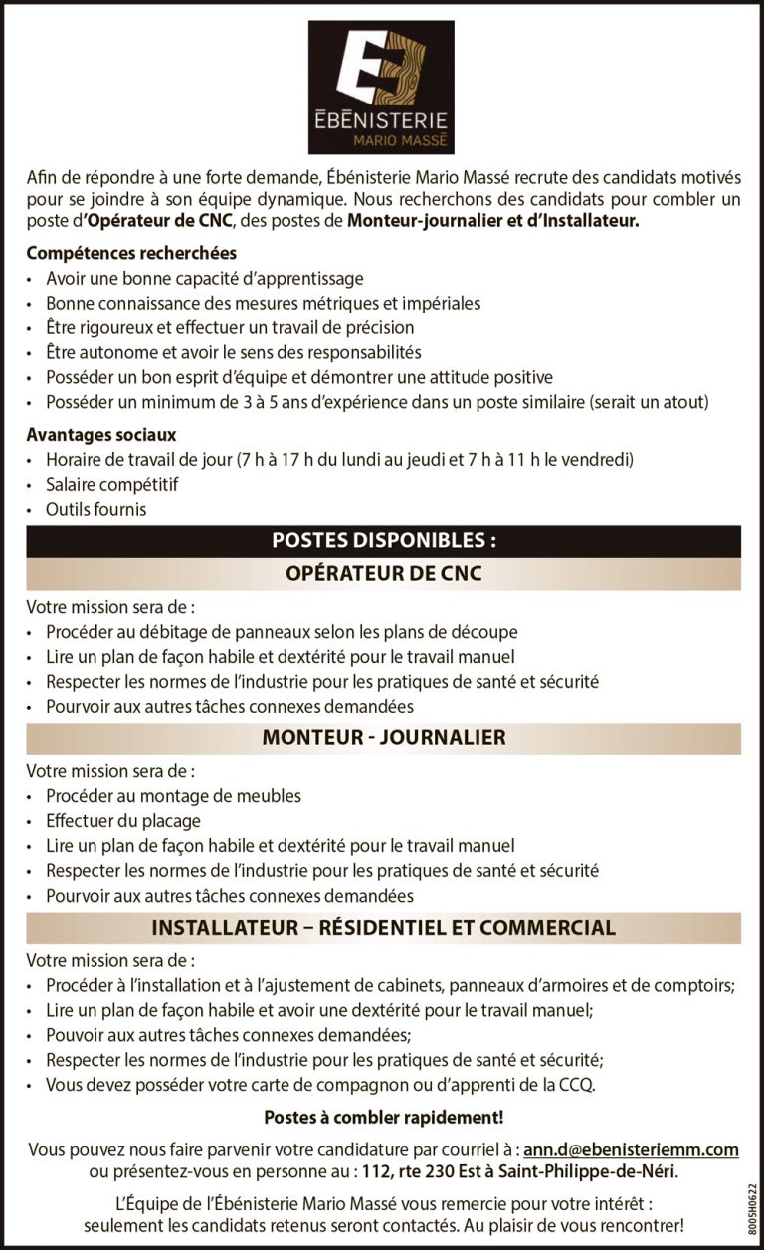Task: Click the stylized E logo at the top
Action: tap(381, 69)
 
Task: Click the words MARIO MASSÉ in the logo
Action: tap(396, 142)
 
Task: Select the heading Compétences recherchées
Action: tap(131, 254)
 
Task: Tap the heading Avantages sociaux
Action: tap(101, 435)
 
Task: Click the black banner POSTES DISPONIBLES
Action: tap(383, 541)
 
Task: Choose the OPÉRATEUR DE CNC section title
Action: tap(383, 574)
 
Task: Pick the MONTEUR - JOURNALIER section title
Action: tap(383, 738)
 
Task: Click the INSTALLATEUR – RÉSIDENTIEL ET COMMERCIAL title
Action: tap(383, 928)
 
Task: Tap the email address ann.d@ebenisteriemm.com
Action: tap(631, 1150)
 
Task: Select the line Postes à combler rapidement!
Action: tap(383, 1118)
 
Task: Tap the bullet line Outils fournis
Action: tap(95, 510)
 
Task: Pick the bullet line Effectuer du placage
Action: tap(123, 821)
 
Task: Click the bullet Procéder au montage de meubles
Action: tap(173, 796)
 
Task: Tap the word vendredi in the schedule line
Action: tap(602, 460)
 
